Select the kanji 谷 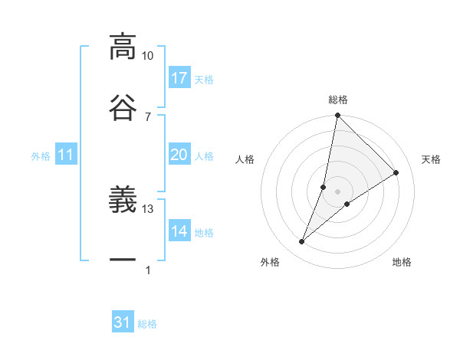point(123,106)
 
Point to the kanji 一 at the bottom point(123,260)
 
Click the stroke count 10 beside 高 point(148,56)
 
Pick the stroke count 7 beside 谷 point(148,116)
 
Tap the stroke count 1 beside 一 point(148,270)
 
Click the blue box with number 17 point(179,78)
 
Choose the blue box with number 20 point(179,155)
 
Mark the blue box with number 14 point(179,232)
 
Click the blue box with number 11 point(66,155)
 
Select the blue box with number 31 point(123,323)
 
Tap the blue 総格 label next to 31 point(147,324)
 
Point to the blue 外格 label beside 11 point(41,156)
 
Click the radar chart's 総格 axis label point(338,100)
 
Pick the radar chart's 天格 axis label point(431,159)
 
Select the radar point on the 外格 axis point(302,242)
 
